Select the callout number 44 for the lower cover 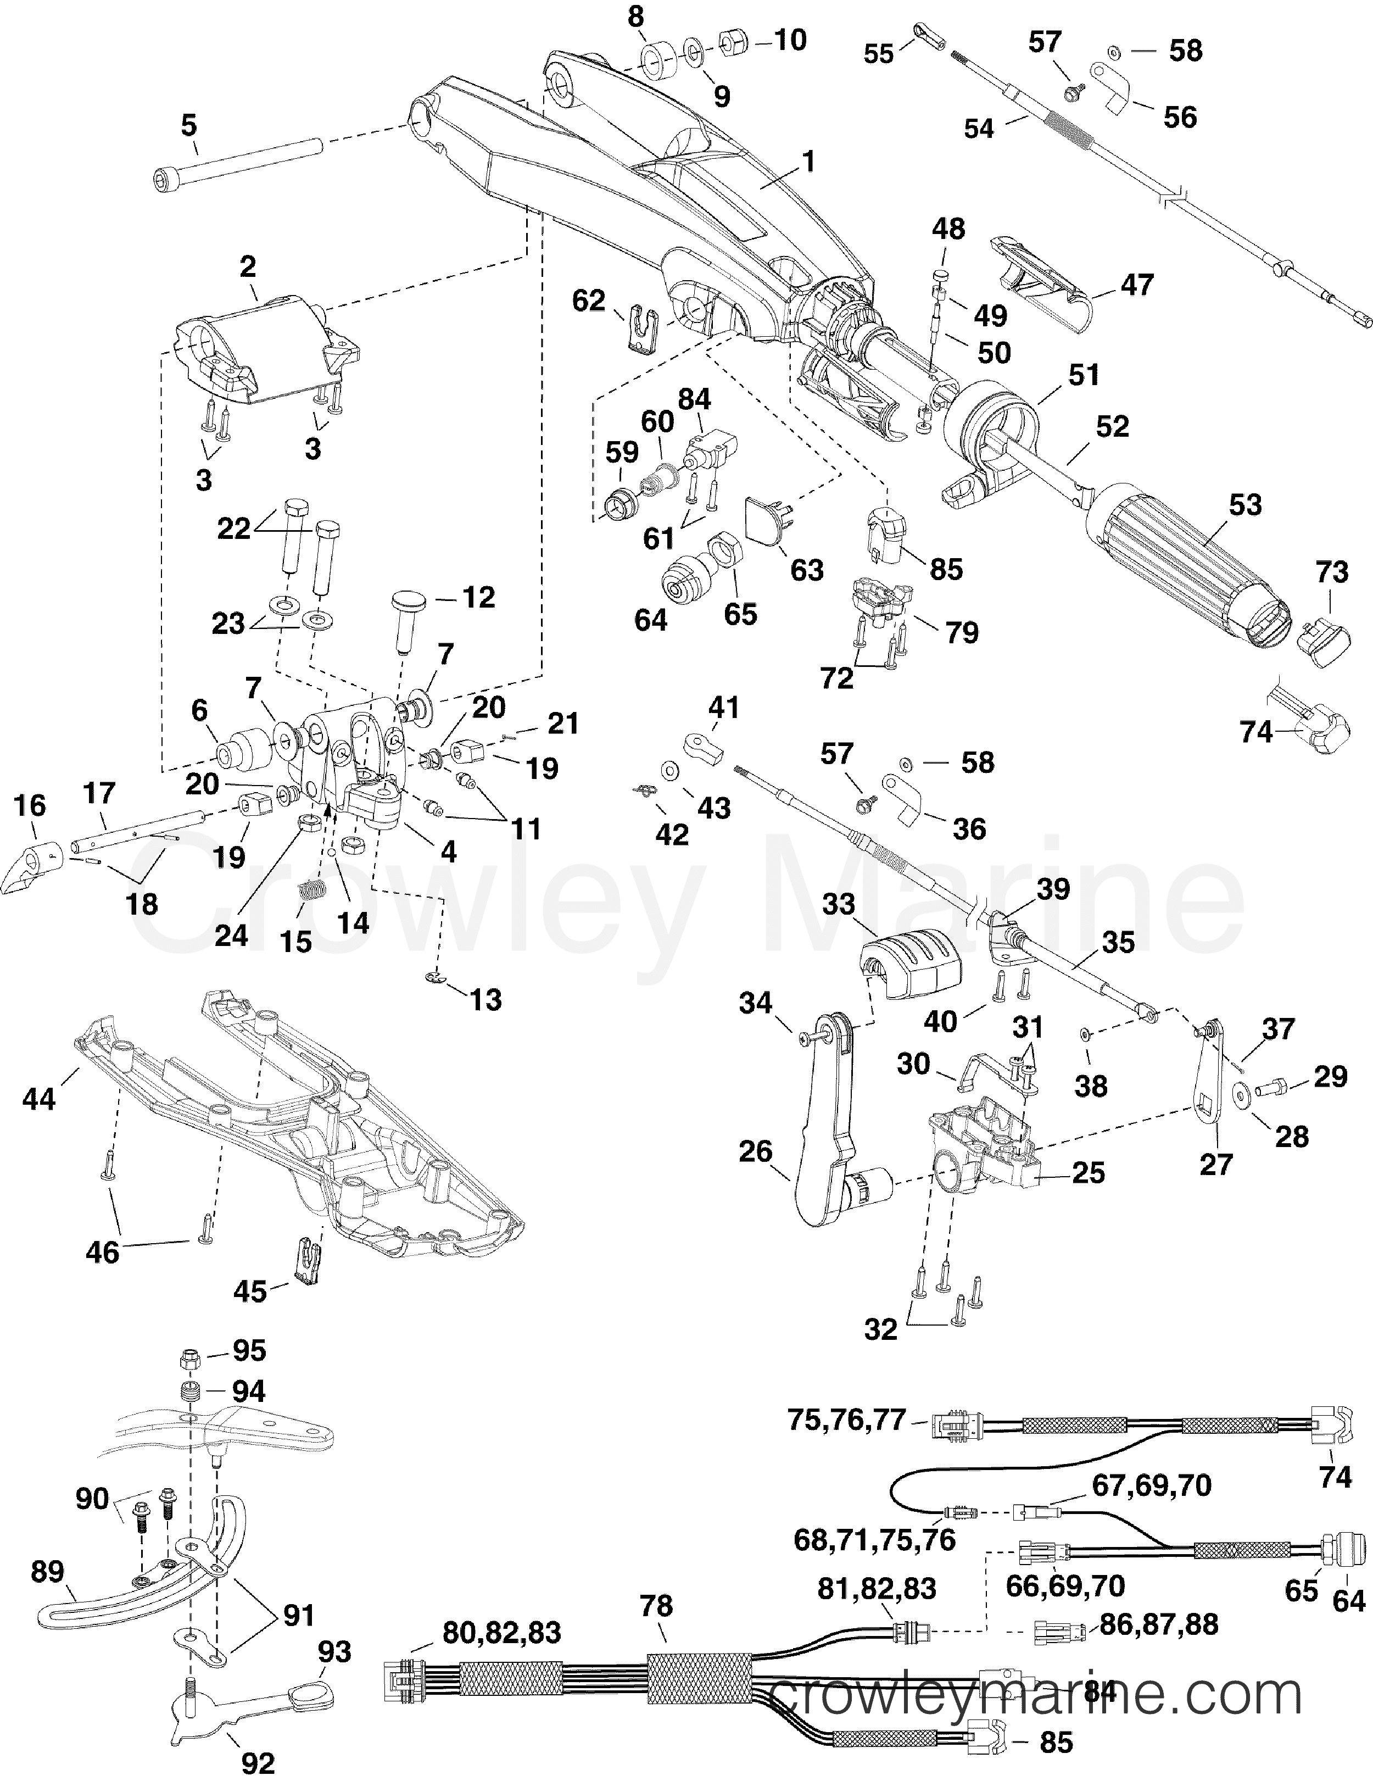tap(39, 1099)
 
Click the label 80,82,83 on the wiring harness tap(502, 1633)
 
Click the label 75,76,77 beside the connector tap(846, 1420)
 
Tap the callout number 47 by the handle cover tap(1138, 284)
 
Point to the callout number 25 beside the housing tap(1089, 1173)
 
